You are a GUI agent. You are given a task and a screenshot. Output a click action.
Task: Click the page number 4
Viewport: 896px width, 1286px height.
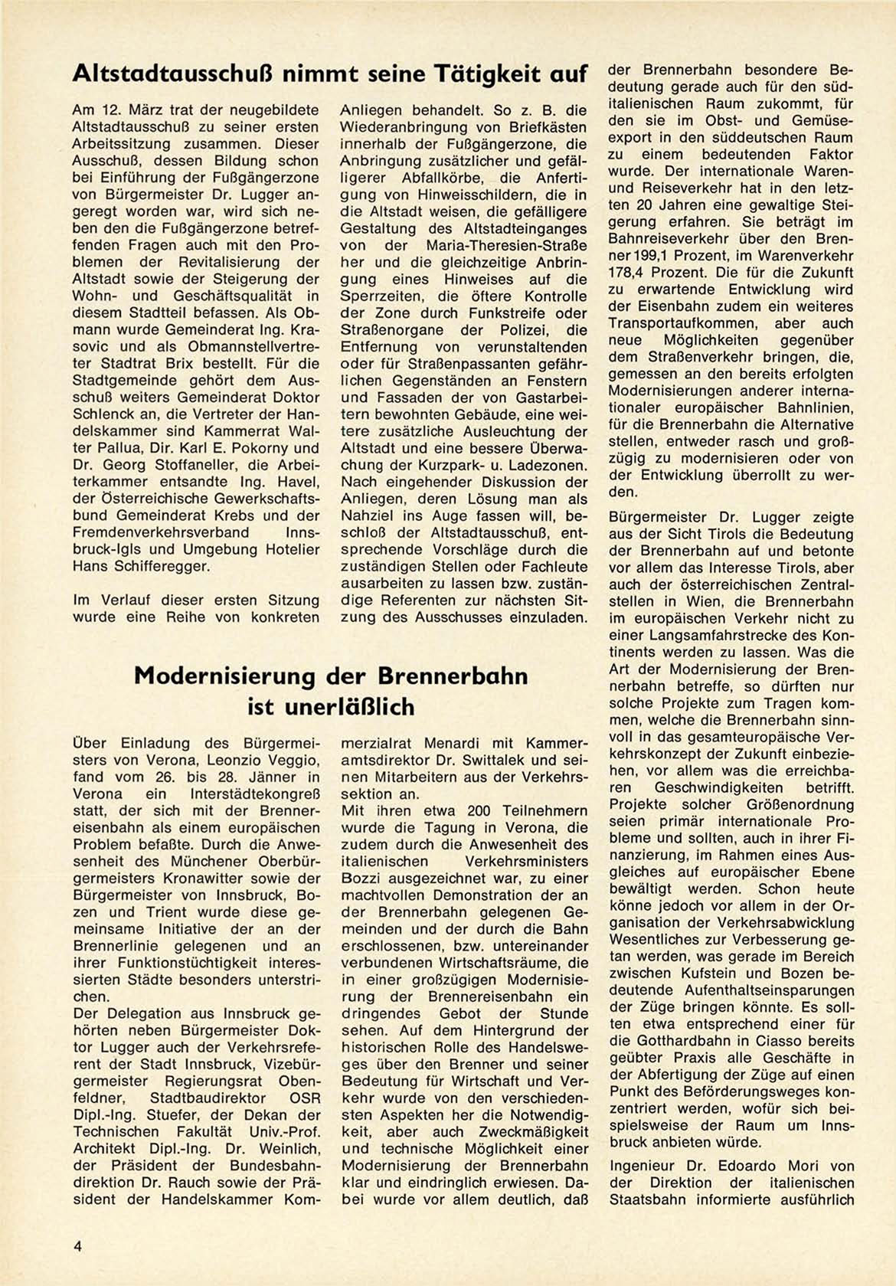[x=77, y=1246]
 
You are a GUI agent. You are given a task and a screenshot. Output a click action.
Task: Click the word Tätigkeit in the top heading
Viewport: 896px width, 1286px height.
[x=480, y=74]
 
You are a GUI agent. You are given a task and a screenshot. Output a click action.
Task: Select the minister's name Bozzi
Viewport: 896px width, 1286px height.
[x=363, y=878]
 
